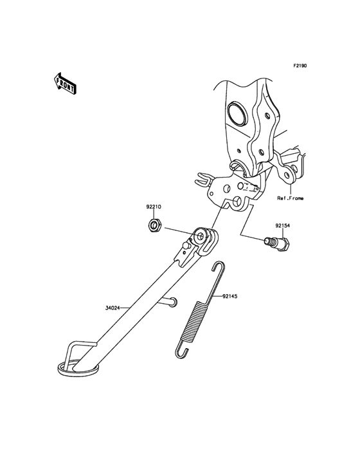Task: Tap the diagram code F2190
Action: [x=300, y=65]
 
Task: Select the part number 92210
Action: [x=154, y=207]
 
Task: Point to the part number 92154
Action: [x=283, y=225]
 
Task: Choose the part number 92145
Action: [x=230, y=296]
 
